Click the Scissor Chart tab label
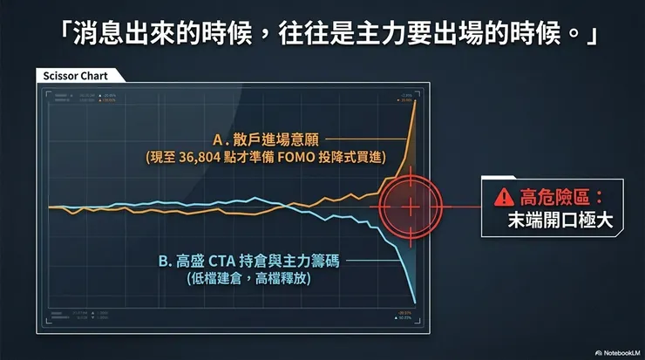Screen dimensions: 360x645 (75, 75)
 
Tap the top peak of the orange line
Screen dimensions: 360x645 (416, 100)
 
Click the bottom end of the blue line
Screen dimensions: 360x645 (415, 302)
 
